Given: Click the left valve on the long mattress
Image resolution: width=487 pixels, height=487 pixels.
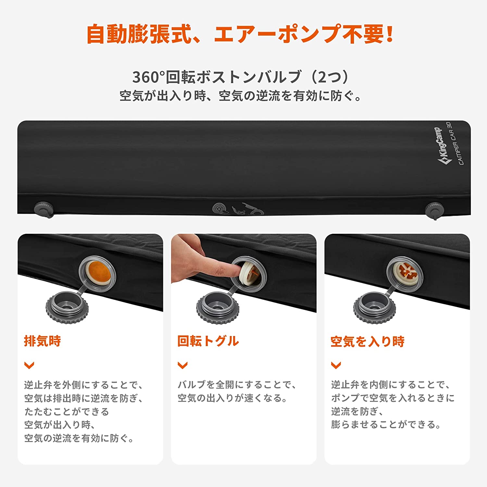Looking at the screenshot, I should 44,208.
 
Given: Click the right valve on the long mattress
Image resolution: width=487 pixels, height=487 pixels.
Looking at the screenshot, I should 434,209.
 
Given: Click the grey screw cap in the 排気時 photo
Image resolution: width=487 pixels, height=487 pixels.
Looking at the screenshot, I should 67,306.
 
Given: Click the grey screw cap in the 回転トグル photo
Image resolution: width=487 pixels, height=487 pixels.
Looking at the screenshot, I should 218,307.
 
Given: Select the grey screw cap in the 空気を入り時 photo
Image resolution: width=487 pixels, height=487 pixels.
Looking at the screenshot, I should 374,307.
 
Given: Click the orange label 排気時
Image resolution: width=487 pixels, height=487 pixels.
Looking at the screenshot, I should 43,341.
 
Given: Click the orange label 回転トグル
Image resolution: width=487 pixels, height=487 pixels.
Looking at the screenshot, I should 208,341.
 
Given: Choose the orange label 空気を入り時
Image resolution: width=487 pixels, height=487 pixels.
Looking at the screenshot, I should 367,342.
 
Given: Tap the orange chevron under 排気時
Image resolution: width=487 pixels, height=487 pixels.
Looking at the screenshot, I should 29,366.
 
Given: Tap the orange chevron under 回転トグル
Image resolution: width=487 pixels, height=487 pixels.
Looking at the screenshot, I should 182,366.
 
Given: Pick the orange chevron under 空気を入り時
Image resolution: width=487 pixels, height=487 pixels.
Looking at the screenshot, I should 336,366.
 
